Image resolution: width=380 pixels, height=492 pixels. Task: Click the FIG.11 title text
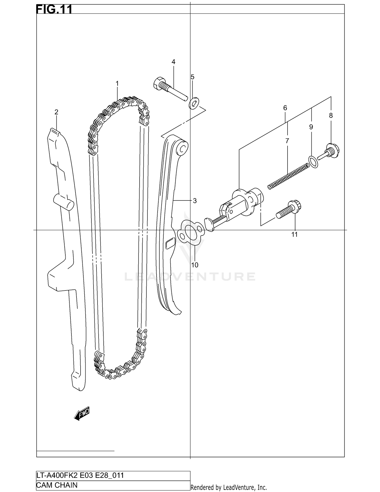54,9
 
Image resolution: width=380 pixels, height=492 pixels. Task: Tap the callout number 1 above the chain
117,83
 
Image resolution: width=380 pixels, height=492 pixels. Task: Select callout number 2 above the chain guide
56,112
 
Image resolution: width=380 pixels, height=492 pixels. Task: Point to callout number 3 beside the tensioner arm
195,201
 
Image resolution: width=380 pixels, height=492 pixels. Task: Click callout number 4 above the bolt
173,62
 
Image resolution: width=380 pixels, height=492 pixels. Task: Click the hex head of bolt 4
159,83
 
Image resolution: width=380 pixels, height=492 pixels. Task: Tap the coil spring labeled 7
288,176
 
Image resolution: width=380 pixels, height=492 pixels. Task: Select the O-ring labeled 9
314,162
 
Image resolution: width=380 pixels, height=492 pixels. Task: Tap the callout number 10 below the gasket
195,265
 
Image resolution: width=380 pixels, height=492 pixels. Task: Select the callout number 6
285,108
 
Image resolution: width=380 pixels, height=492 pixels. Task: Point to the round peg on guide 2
64,202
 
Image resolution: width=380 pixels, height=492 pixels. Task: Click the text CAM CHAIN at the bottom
57,485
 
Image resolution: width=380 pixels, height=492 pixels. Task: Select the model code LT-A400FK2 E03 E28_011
80,475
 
